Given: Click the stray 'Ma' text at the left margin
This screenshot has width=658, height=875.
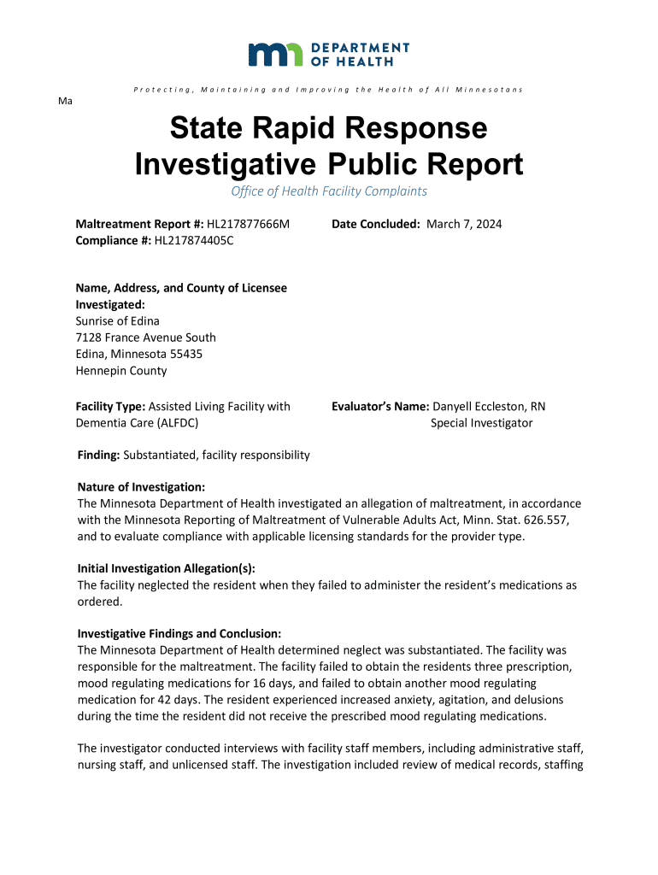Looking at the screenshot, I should pos(64,101).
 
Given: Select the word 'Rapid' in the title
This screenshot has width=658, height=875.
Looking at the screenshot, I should pos(319,129).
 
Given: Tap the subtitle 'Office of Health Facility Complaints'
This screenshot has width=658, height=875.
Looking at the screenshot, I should pos(329,191).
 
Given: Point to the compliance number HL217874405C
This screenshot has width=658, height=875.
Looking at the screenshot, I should pos(194,240).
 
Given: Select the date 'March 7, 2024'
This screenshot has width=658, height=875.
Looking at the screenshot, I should pos(464,224).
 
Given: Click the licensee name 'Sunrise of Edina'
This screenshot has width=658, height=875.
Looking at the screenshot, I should pos(117,321).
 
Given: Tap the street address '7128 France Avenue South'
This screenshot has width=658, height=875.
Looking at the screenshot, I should pos(145,338).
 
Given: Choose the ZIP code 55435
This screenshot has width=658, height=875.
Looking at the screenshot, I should pos(185,354).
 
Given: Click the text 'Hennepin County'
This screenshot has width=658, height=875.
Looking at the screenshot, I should pos(121,371).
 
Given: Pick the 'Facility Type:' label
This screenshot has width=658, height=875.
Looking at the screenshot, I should pos(110,407).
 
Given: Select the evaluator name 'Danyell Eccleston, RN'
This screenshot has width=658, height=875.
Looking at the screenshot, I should pos(489,407).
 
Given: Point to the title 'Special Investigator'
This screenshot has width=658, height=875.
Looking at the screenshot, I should pos(481,423).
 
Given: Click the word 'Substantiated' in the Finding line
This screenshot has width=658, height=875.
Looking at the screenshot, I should pos(159,455).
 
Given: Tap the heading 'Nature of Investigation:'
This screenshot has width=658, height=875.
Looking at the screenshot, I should pos(141,487).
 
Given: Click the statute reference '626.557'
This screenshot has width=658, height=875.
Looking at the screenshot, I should pos(537,520).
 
